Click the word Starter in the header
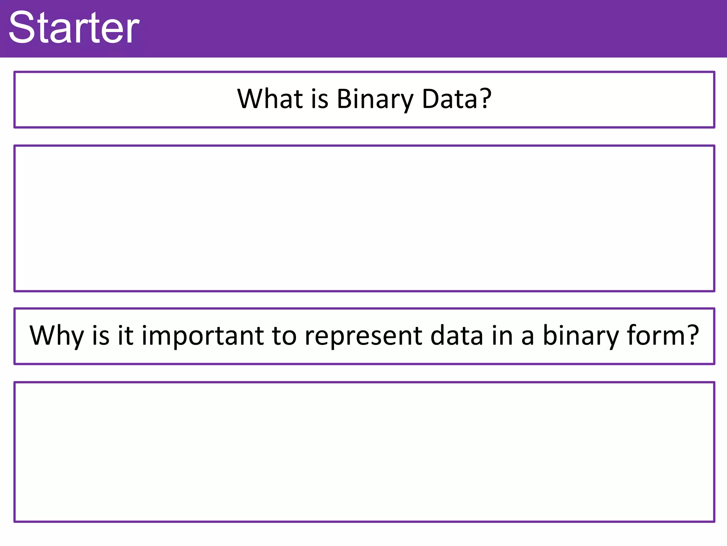click(74, 28)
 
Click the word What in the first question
click(270, 98)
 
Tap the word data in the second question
click(457, 335)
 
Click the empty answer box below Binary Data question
click(364, 218)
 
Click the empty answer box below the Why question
click(364, 452)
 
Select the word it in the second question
click(125, 335)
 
